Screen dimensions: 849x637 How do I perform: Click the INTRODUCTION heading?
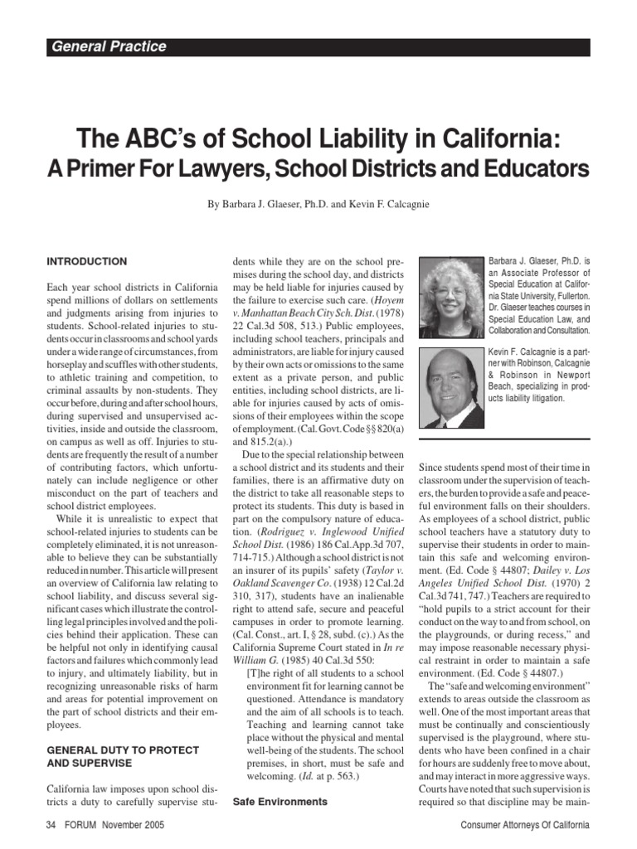coord(87,262)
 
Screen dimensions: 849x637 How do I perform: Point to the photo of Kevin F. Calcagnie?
coord(450,386)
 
